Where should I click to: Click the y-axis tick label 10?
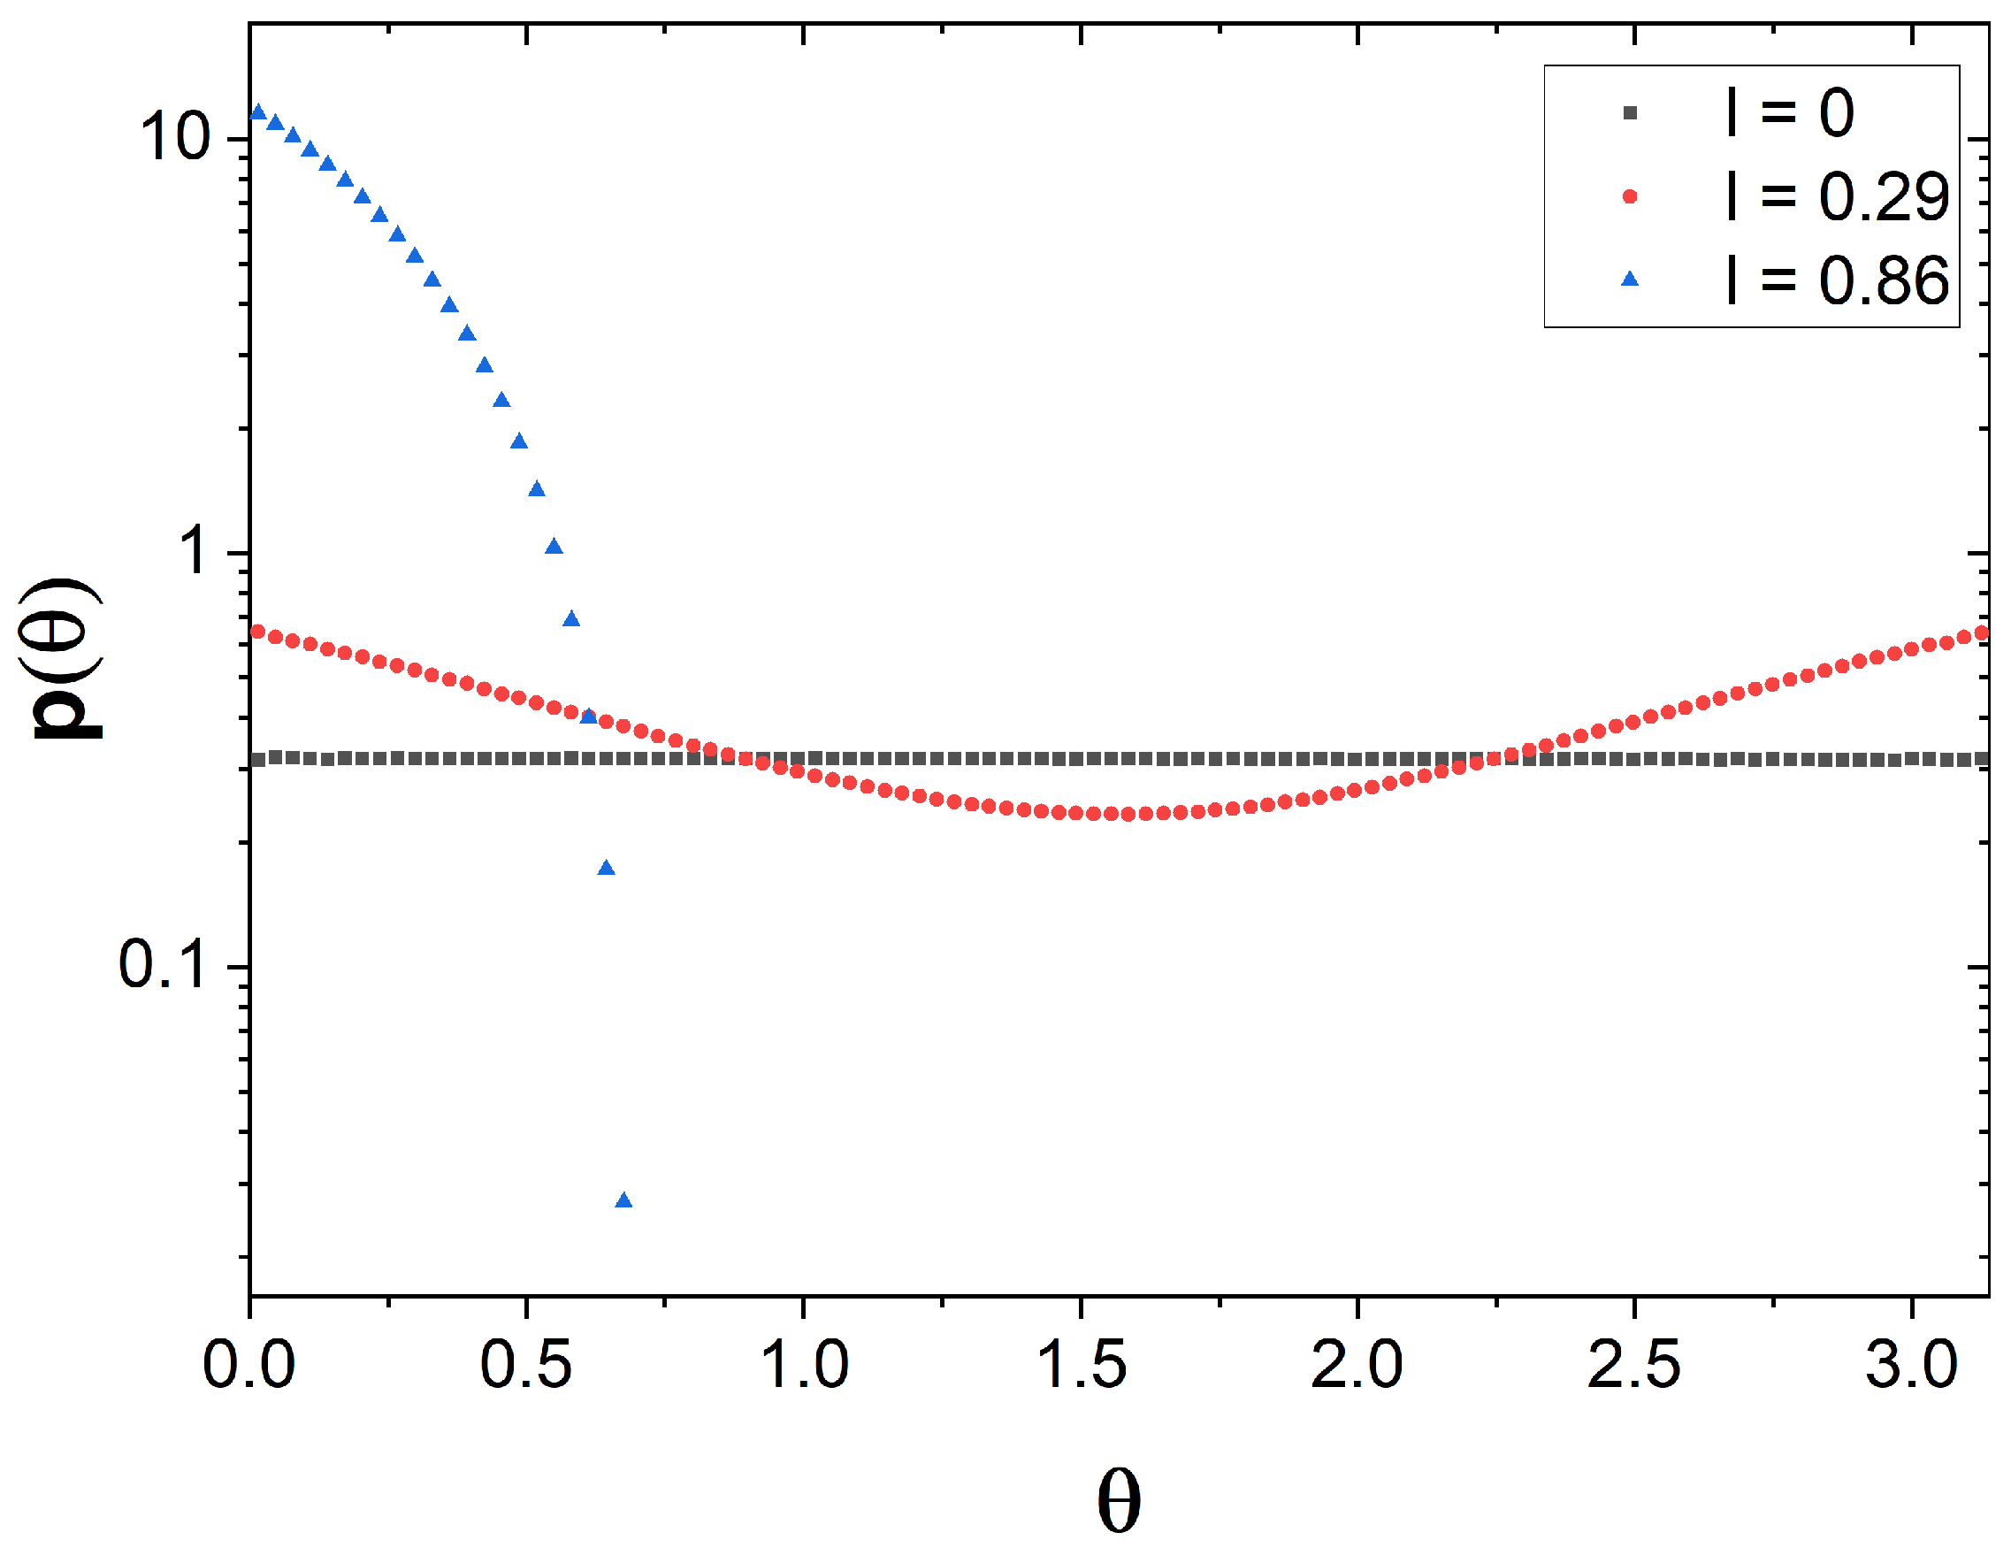click(175, 138)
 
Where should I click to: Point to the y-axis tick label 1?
click(195, 553)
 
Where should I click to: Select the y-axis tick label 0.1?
click(162, 966)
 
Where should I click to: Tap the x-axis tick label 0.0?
click(249, 1365)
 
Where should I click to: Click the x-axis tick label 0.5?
click(526, 1365)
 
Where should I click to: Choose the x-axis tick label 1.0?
click(804, 1365)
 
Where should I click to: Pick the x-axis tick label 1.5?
click(1081, 1365)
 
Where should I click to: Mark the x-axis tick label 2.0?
click(1357, 1365)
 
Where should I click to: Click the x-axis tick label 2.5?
click(1634, 1365)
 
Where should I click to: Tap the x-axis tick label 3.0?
click(1912, 1365)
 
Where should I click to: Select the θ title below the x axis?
click(1119, 1502)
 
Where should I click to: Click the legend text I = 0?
click(1790, 113)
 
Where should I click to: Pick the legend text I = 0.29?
click(1838, 196)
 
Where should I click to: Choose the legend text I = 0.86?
click(1838, 280)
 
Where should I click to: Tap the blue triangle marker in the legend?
click(1630, 279)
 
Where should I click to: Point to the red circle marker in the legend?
click(1630, 196)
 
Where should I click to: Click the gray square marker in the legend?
click(1630, 113)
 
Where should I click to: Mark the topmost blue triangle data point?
click(258, 112)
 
